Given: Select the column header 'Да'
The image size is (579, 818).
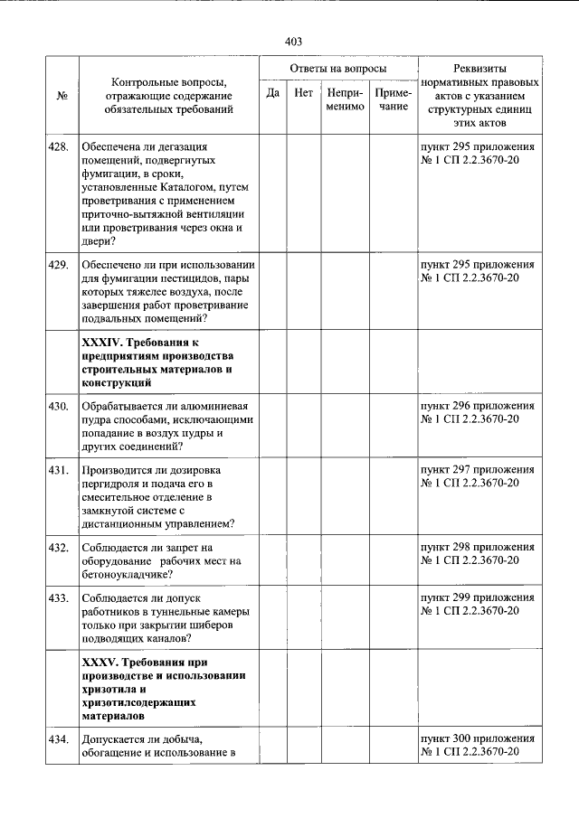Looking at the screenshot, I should click(272, 92).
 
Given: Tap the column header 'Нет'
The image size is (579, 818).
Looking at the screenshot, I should click(304, 92).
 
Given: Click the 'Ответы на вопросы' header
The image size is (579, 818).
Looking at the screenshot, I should click(338, 69).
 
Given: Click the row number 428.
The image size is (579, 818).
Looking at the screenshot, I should click(59, 146).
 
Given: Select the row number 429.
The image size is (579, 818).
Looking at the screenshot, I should click(59, 265).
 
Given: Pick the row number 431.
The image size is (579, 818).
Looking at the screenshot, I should click(59, 471).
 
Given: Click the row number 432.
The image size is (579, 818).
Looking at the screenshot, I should click(59, 548).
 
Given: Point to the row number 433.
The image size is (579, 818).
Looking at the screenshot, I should click(59, 598).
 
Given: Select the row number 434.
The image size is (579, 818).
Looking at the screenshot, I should click(59, 740).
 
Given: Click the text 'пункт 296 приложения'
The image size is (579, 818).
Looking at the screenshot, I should click(478, 407).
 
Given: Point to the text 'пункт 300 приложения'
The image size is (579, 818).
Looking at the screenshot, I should click(478, 739).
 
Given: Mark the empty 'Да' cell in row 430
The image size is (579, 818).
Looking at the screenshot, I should click(272, 428).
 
